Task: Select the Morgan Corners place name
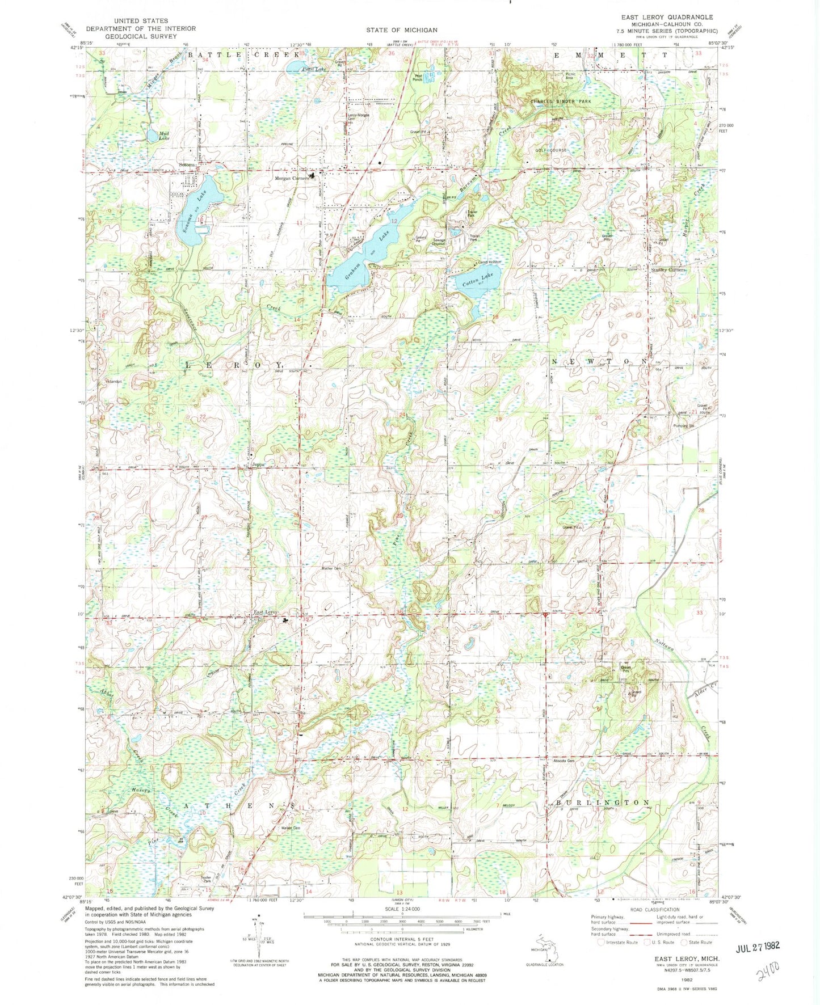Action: (292, 178)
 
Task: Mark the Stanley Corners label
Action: (669, 270)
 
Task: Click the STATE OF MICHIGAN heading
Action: (401, 30)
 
